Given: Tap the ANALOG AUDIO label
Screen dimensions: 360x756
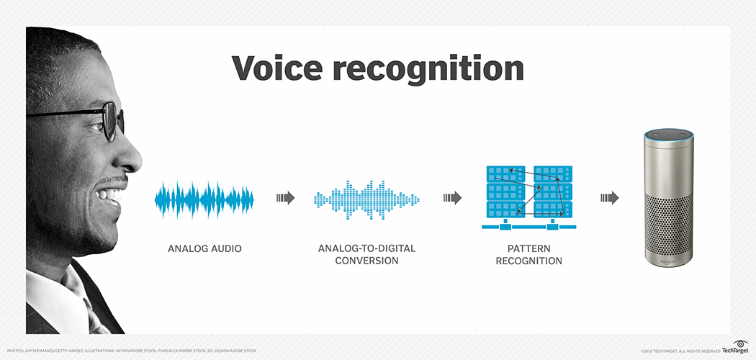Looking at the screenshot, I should pyautogui.click(x=204, y=249).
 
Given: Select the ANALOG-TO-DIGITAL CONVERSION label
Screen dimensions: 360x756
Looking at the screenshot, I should pyautogui.click(x=366, y=254).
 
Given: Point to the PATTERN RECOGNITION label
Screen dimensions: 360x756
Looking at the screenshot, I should pyautogui.click(x=529, y=254).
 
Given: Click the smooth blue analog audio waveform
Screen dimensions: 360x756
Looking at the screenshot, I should pyautogui.click(x=205, y=199).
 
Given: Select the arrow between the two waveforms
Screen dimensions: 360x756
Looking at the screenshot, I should pyautogui.click(x=285, y=198).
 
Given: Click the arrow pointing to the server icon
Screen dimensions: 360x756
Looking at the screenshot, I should pyautogui.click(x=452, y=198).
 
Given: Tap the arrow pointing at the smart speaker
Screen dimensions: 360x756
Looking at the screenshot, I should pyautogui.click(x=609, y=198).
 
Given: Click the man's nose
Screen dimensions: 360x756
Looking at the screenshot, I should pyautogui.click(x=130, y=155).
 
